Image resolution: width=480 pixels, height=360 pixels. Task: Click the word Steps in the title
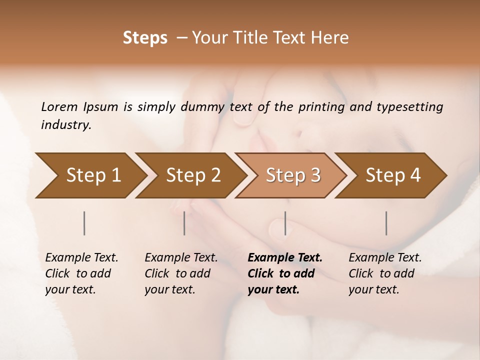pos(145,38)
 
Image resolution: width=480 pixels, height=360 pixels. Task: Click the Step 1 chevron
pos(90,175)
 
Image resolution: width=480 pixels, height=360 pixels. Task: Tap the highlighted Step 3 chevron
pos(292,175)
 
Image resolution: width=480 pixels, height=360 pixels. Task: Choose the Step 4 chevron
pos(392,175)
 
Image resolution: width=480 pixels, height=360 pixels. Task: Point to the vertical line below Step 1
pos(84,223)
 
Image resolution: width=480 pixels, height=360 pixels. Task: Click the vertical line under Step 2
pos(184,223)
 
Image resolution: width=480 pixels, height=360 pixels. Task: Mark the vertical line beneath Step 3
pos(285,223)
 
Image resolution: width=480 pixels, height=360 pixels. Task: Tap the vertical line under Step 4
pos(386,223)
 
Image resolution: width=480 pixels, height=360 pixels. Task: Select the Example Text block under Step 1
pos(81,273)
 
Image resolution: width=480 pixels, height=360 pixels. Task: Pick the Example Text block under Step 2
pos(181,273)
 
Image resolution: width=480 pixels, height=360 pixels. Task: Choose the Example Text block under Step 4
pos(385,273)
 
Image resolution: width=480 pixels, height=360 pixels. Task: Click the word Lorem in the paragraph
pos(59,106)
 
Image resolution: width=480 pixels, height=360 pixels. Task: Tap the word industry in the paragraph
pos(65,124)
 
